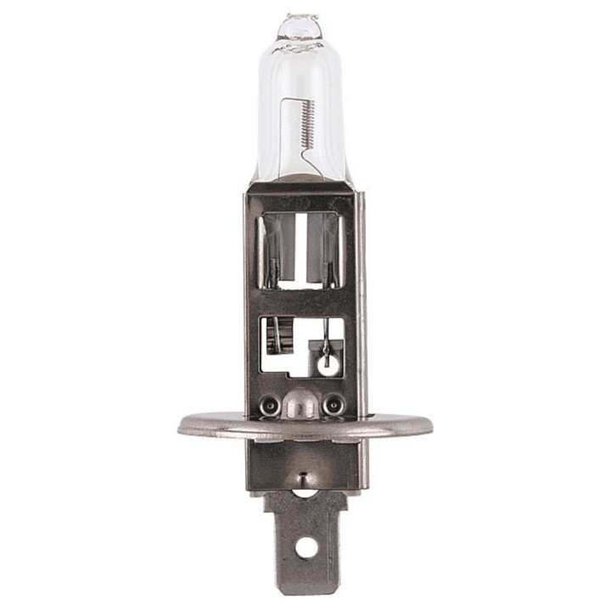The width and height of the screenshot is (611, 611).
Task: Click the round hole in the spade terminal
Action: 305,547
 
